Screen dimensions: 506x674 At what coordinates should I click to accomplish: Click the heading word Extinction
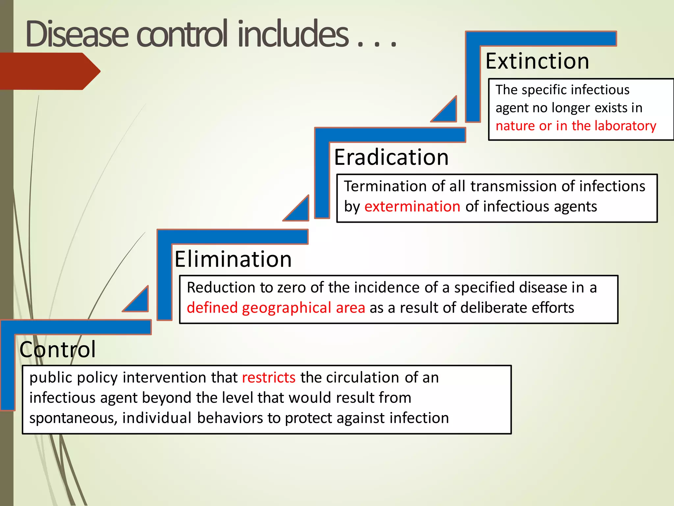click(537, 61)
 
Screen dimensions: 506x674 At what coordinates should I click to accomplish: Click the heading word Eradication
click(391, 157)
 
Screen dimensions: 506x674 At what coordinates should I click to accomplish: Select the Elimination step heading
click(233, 259)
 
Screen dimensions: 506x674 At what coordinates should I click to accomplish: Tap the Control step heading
click(58, 350)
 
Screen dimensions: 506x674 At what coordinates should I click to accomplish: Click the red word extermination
click(412, 207)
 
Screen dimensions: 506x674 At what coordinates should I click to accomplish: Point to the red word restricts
click(269, 378)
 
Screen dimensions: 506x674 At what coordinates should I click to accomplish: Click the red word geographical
click(286, 308)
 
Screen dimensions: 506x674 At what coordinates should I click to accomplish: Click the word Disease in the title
click(77, 34)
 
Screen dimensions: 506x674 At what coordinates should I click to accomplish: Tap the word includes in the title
click(293, 34)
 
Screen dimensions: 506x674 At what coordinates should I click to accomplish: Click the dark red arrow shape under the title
click(49, 71)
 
